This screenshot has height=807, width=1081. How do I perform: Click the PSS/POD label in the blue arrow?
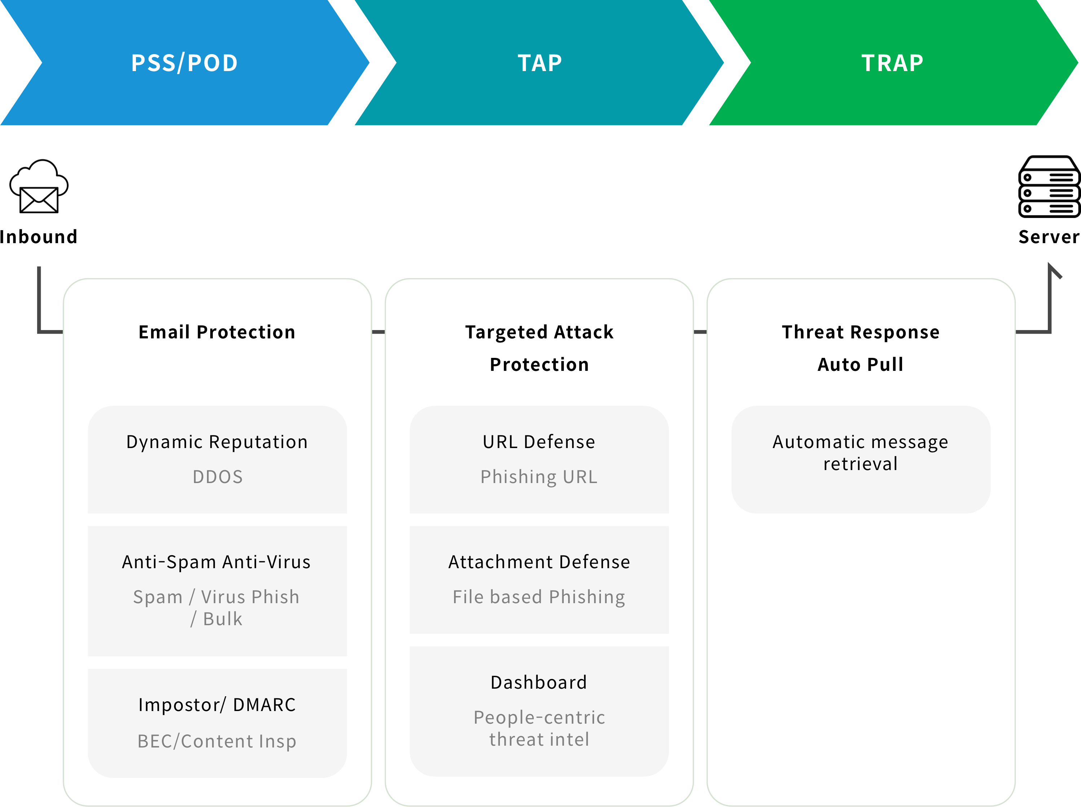pyautogui.click(x=185, y=63)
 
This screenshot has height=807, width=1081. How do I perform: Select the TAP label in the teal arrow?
pyautogui.click(x=540, y=63)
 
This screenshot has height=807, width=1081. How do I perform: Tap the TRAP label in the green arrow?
pyautogui.click(x=892, y=63)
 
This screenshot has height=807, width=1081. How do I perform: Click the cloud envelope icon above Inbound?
pyautogui.click(x=39, y=186)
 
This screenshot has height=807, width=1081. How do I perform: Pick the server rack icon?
pyautogui.click(x=1049, y=186)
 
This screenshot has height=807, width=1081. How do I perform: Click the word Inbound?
pyautogui.click(x=39, y=237)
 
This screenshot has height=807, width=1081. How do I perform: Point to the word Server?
pyautogui.click(x=1049, y=237)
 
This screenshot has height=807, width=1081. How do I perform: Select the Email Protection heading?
pyautogui.click(x=217, y=332)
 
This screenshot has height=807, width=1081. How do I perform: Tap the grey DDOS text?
pyautogui.click(x=217, y=477)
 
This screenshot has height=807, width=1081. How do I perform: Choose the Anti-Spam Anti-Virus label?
pyautogui.click(x=216, y=562)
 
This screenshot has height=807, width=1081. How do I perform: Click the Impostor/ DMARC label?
pyautogui.click(x=217, y=705)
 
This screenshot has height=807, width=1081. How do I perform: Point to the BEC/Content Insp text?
pyautogui.click(x=217, y=742)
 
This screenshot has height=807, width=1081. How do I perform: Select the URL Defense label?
pyautogui.click(x=539, y=442)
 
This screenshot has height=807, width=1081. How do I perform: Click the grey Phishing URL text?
pyautogui.click(x=539, y=477)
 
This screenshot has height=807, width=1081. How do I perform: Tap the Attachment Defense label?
pyautogui.click(x=539, y=562)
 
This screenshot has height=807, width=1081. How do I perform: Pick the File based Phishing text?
pyautogui.click(x=539, y=597)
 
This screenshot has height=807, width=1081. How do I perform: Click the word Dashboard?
pyautogui.click(x=539, y=683)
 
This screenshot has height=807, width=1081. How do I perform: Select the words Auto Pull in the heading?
pyautogui.click(x=861, y=364)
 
